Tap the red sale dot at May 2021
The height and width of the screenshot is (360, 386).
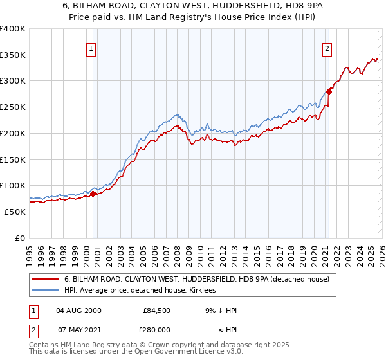click(x=329, y=91)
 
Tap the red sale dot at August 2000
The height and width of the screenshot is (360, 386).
click(x=93, y=194)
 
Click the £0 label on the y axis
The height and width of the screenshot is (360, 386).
click(x=20, y=238)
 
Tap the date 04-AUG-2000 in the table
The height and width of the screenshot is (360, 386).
click(x=78, y=310)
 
